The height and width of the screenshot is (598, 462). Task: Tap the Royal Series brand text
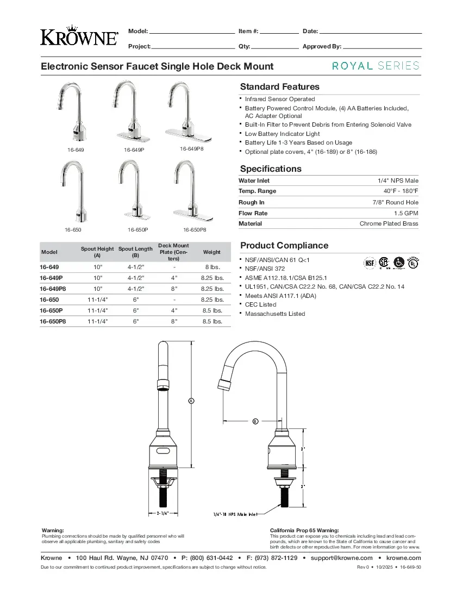point(376,66)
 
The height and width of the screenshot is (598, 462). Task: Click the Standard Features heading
point(279,87)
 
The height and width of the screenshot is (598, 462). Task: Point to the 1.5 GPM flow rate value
point(406,213)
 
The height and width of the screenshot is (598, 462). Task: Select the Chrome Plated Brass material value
point(389,224)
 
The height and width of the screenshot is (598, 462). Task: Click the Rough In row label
point(251,202)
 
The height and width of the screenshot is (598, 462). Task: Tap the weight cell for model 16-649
point(211,267)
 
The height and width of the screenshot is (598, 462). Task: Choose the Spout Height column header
point(97,252)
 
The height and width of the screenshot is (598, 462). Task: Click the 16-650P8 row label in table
point(53,321)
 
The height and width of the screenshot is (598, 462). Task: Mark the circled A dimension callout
point(191,401)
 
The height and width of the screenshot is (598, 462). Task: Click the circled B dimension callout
point(255,421)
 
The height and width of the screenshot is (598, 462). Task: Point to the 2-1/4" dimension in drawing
point(163,513)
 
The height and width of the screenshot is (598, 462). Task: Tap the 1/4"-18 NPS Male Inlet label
point(235,514)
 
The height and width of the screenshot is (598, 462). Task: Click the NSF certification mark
point(370,263)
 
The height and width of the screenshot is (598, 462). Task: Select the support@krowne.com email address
point(341,558)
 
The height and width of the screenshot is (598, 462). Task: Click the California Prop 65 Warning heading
point(304,530)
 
